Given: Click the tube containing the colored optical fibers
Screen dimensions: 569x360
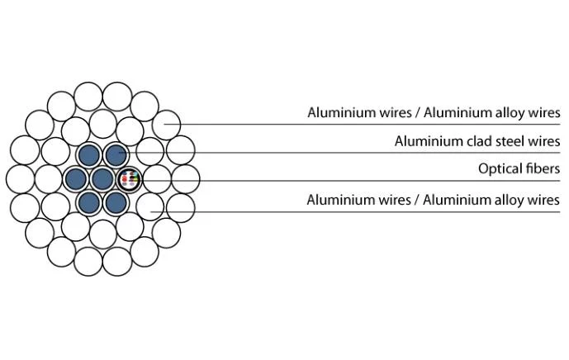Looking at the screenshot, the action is click(130, 179).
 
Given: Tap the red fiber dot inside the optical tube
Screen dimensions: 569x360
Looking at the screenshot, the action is click(125, 178).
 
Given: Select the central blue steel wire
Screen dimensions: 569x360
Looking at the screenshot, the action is click(102, 179).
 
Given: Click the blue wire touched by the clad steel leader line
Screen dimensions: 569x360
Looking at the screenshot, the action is click(116, 155).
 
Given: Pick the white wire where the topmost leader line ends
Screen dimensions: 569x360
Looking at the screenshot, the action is click(166, 125).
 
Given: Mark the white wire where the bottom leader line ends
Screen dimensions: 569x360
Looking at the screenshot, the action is click(150, 206).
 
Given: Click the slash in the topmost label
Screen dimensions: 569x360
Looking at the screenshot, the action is click(418, 113).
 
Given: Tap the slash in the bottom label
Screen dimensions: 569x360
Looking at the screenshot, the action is click(417, 200).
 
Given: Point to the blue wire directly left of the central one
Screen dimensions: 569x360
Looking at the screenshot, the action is click(76, 179).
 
